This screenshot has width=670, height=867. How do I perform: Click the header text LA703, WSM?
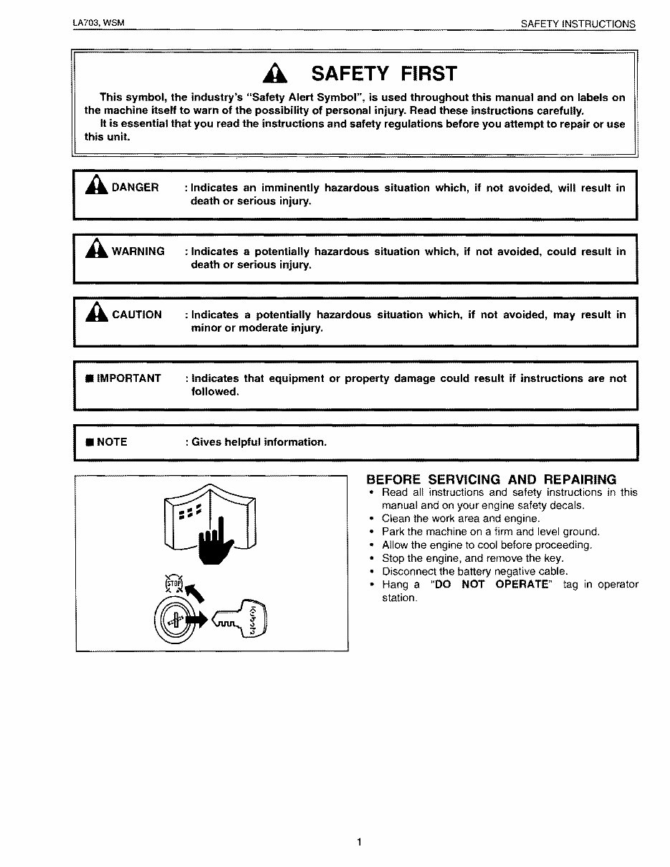tap(98, 23)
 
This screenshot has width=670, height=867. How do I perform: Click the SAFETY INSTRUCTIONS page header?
tap(578, 24)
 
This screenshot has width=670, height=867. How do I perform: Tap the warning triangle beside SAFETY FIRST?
tap(274, 74)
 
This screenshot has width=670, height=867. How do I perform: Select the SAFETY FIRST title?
tap(383, 74)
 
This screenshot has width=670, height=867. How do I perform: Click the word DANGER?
tap(135, 188)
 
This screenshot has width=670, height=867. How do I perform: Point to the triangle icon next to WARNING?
tap(96, 250)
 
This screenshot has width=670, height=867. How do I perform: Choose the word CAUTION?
tap(136, 315)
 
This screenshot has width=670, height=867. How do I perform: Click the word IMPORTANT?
tap(129, 378)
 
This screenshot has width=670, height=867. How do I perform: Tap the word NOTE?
tap(112, 442)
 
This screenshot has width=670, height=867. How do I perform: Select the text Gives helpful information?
tap(259, 442)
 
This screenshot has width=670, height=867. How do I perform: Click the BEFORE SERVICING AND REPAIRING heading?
tap(491, 479)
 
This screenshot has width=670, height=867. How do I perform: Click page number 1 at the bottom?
tap(358, 842)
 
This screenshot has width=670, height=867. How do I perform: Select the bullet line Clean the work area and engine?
tap(461, 519)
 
